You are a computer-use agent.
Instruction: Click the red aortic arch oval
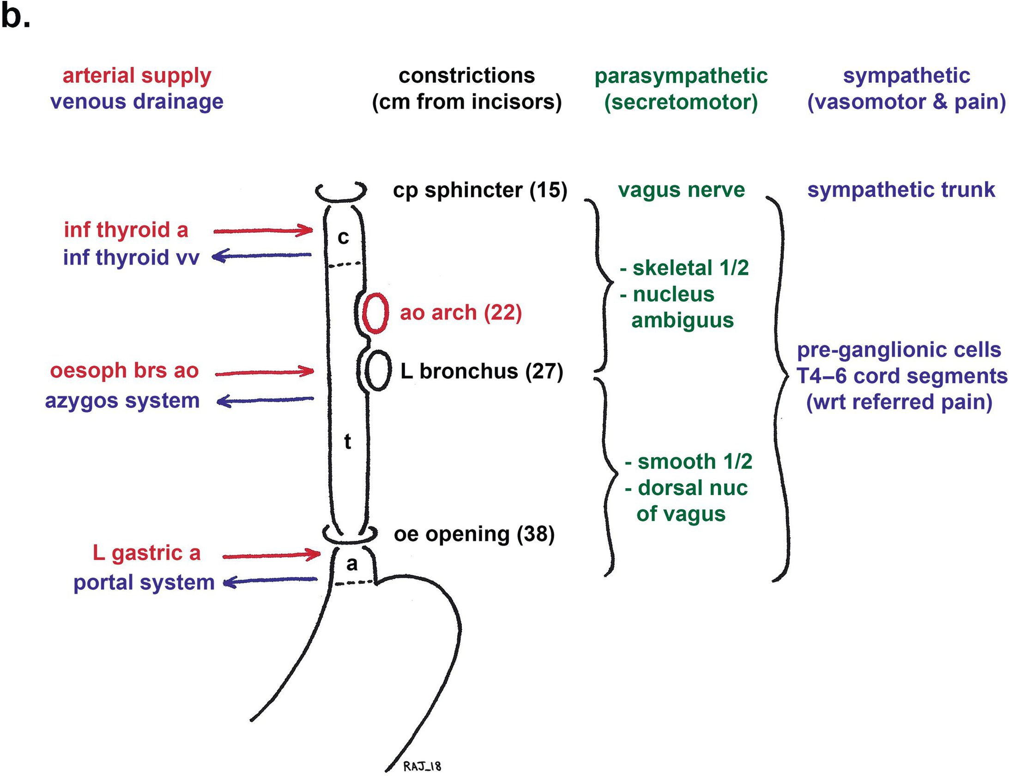[375, 313]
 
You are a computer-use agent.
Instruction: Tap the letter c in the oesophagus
[343, 237]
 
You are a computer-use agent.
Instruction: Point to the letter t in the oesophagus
[348, 442]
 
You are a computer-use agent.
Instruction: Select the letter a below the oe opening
[352, 564]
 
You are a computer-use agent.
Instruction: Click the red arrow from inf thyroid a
[263, 230]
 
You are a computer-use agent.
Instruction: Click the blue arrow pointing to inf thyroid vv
[263, 255]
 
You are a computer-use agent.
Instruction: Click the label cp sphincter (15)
[480, 190]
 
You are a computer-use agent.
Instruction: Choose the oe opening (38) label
[474, 534]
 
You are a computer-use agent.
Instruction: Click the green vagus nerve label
[681, 190]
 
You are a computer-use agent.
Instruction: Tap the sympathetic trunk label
[901, 190]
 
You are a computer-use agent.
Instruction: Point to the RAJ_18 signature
[422, 766]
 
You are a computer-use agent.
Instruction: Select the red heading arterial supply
[137, 76]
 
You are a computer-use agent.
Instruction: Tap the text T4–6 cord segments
[902, 376]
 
